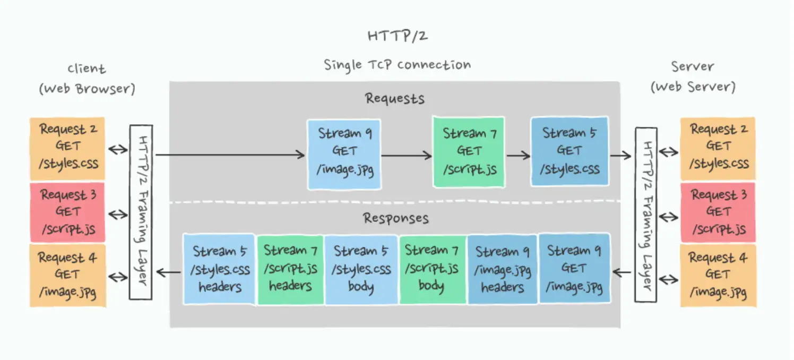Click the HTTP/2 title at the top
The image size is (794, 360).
coord(396,36)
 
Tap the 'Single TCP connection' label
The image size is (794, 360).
coord(397,65)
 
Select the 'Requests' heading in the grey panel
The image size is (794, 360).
coord(394,99)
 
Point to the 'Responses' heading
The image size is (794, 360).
coord(395,218)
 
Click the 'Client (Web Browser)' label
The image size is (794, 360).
coord(87,79)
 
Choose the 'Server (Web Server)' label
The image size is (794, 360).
coord(693,76)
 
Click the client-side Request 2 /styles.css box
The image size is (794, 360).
coord(67,148)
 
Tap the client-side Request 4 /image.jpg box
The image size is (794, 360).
coord(67,275)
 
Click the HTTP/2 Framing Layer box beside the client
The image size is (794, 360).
coord(141,212)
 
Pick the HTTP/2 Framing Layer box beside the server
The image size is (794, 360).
coord(646,215)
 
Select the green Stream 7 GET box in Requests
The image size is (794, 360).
coord(469,152)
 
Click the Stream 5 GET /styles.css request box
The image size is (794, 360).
coord(569,152)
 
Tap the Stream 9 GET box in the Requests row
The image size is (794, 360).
coord(344,154)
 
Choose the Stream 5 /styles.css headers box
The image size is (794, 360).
coord(220,269)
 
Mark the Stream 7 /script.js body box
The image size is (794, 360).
coord(432,269)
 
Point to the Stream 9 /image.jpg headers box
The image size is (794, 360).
coord(502,269)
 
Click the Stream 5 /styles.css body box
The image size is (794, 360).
coord(361,269)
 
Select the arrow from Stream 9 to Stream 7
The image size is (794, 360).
coord(407,156)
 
